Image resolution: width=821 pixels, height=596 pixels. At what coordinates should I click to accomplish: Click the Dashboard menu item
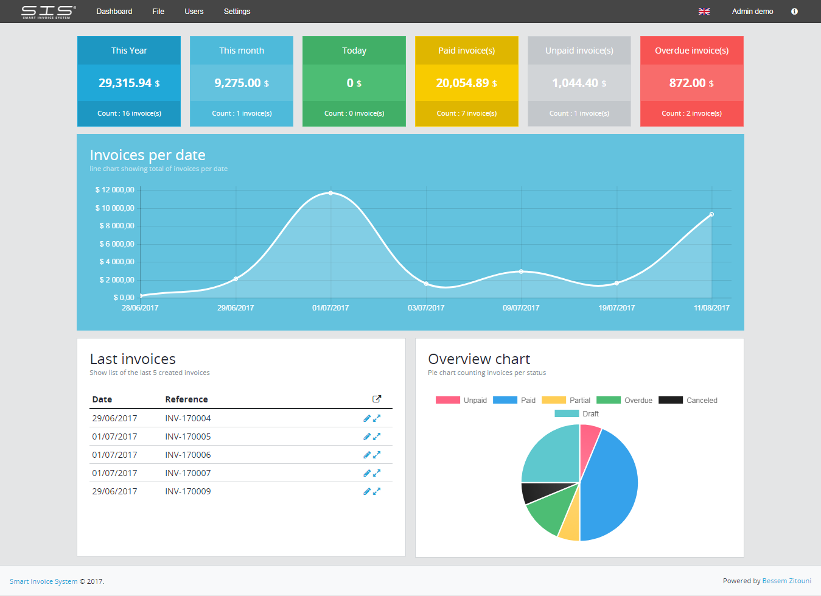tap(114, 12)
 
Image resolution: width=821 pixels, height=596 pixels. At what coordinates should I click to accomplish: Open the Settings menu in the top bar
tap(237, 12)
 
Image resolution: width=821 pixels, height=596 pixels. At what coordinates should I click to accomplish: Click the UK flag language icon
tap(704, 12)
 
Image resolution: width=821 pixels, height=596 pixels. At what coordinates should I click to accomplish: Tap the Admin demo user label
tap(752, 12)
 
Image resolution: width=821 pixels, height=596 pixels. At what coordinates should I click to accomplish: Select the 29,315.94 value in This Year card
tap(125, 83)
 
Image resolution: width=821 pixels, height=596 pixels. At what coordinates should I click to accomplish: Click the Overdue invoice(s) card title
tap(691, 51)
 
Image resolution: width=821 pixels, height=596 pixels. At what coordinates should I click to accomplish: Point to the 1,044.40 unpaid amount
tap(575, 83)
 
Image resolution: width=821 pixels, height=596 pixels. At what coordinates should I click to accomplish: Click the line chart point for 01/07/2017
tap(330, 193)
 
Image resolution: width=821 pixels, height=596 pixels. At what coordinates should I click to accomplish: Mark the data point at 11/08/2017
tap(711, 214)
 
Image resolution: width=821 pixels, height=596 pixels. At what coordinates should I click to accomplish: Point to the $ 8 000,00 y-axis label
tap(116, 226)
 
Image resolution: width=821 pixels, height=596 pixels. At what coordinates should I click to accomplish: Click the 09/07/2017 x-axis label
tap(521, 308)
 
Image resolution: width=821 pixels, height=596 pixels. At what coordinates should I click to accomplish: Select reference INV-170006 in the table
tap(188, 455)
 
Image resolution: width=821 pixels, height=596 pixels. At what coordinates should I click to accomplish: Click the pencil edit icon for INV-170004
tap(367, 418)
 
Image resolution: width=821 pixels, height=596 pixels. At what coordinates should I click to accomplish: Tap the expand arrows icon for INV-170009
tap(377, 491)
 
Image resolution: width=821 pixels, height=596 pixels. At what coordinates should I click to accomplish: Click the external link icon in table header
tap(377, 399)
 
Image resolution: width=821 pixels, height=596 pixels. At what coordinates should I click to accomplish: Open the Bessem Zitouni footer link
tap(786, 581)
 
